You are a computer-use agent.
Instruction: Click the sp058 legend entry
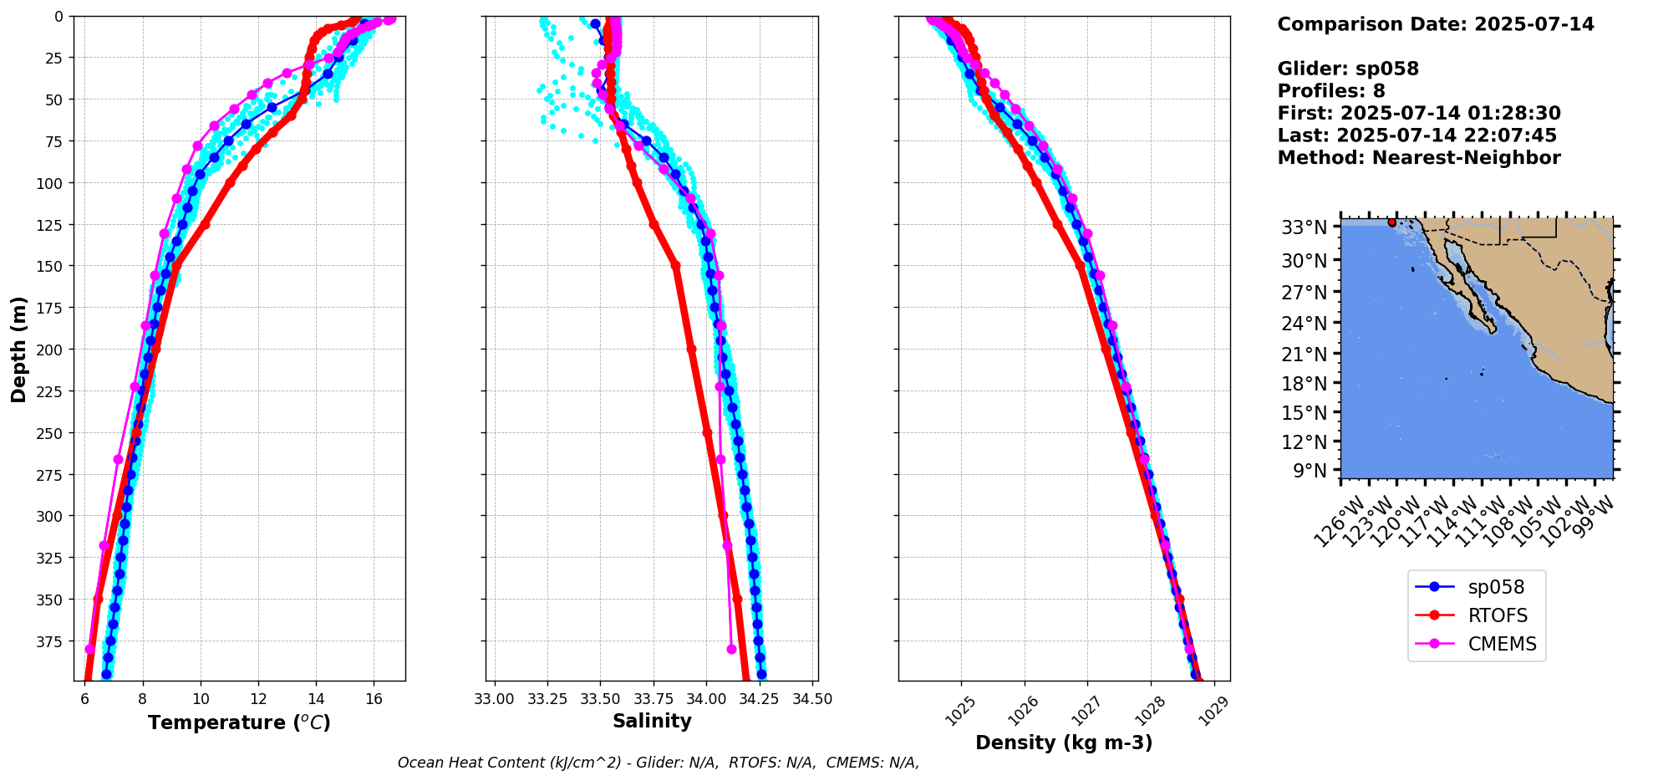(1496, 587)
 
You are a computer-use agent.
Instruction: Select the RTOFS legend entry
(1498, 615)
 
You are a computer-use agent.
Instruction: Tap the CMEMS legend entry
(1502, 644)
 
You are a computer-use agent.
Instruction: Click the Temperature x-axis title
(239, 722)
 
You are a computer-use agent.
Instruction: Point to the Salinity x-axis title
(652, 721)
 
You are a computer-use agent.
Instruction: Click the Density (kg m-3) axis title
(1064, 743)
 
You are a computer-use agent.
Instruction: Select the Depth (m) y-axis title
(18, 349)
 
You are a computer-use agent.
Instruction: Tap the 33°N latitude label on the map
(1305, 227)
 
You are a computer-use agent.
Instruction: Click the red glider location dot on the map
(1391, 222)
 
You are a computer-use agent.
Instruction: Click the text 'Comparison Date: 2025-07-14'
(1435, 24)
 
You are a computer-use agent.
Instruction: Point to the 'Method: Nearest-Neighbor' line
(1418, 158)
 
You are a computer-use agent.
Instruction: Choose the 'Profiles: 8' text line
(1330, 91)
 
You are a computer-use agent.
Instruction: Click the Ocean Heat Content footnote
(658, 763)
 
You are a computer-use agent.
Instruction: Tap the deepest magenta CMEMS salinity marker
(731, 649)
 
